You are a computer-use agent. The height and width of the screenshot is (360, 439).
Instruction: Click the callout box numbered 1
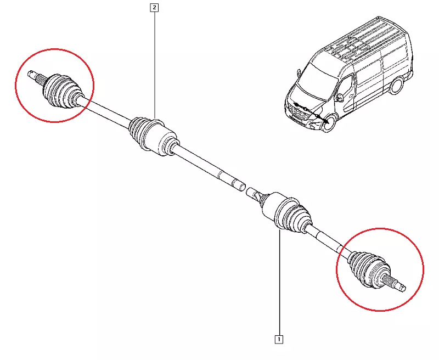click(279, 339)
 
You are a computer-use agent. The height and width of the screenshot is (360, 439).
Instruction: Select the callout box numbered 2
click(154, 7)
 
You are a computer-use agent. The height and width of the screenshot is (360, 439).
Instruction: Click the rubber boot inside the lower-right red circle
click(369, 269)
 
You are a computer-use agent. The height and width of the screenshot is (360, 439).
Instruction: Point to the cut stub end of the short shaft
click(250, 192)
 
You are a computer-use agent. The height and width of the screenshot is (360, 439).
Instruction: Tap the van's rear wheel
click(396, 86)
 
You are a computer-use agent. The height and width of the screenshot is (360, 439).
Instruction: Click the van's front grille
click(298, 111)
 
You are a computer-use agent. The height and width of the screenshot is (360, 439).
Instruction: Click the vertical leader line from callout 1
click(279, 283)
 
